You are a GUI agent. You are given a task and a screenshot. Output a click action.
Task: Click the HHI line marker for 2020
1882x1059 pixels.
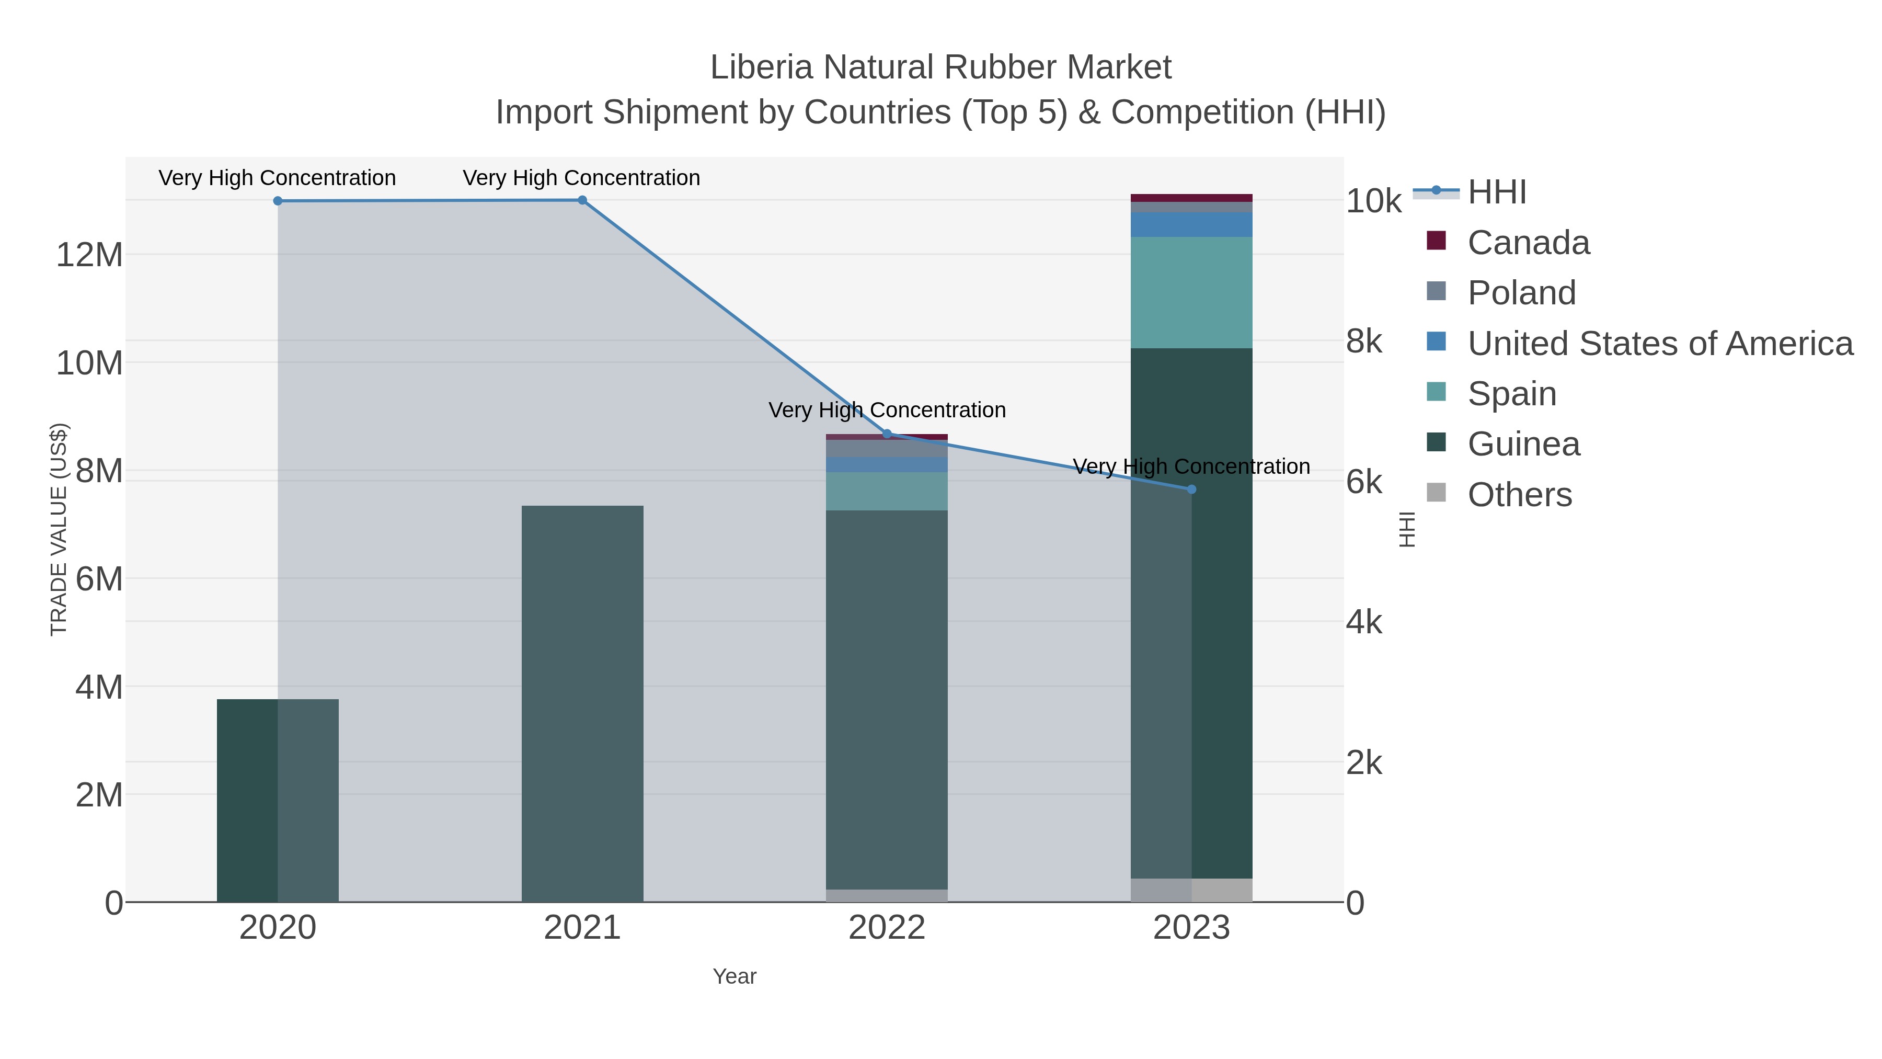pyautogui.click(x=278, y=201)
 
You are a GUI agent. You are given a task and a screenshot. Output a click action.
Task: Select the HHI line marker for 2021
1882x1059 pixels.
pyautogui.click(x=582, y=200)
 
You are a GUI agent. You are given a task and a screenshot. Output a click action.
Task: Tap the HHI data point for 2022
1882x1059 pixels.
pyautogui.click(x=887, y=434)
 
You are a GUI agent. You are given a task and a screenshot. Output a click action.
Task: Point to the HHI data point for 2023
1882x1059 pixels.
pyautogui.click(x=1191, y=489)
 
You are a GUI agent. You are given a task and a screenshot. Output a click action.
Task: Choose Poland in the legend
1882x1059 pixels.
pyautogui.click(x=1521, y=293)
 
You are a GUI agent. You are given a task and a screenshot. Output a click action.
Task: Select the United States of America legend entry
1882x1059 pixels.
pyautogui.click(x=1659, y=344)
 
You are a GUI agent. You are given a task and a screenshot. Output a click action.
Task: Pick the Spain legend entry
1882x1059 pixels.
pyautogui.click(x=1511, y=394)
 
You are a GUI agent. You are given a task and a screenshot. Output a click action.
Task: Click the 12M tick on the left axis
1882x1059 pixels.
pyautogui.click(x=89, y=256)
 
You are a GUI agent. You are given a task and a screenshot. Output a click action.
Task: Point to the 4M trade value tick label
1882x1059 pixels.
pyautogui.click(x=99, y=688)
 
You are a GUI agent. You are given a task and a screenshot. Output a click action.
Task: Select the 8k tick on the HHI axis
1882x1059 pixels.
pyautogui.click(x=1364, y=341)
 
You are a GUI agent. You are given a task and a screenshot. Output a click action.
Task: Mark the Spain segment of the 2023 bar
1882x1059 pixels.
pyautogui.click(x=1191, y=292)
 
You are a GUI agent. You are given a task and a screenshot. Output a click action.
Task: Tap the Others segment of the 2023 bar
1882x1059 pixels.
pyautogui.click(x=1191, y=890)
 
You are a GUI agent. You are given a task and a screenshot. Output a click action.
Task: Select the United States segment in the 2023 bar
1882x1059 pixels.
pyautogui.click(x=1191, y=225)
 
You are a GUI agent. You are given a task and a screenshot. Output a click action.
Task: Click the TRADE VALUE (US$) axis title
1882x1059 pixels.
pyautogui.click(x=59, y=529)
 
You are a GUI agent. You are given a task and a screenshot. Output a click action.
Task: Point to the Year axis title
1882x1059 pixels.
pyautogui.click(x=735, y=976)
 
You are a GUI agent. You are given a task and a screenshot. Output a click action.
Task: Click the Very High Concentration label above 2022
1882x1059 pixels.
pyautogui.click(x=887, y=410)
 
